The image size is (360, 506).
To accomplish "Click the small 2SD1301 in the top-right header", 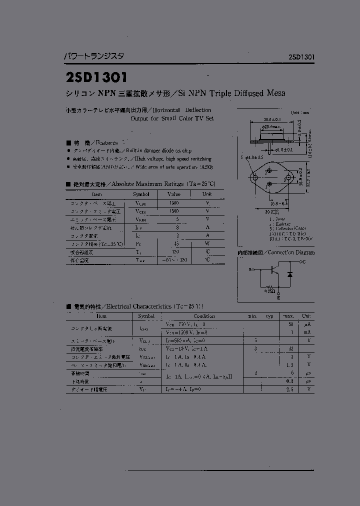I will (x=301, y=57).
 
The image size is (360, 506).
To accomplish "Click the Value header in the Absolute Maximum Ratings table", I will (x=174, y=194).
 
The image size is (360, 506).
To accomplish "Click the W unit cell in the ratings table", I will (x=207, y=243).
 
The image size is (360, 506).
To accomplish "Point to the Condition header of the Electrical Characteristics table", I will (x=204, y=316).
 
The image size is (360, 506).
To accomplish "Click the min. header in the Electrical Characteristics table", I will (x=252, y=316).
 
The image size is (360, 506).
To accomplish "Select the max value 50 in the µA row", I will (x=290, y=324).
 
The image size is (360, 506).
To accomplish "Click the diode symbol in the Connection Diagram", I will (x=289, y=274).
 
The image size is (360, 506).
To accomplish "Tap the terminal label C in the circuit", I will (x=303, y=262).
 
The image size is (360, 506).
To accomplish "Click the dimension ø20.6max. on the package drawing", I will (x=271, y=127).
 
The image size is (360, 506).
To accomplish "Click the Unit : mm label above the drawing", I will (x=299, y=112).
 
